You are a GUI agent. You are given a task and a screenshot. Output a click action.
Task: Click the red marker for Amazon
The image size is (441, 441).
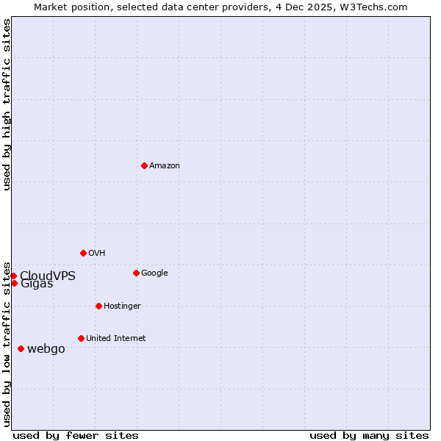[144, 165]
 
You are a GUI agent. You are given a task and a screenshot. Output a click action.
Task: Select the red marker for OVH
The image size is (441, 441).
[83, 253]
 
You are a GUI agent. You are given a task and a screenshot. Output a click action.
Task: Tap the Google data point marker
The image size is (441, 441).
[136, 273]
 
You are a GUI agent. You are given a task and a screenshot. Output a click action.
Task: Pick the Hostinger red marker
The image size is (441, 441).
[98, 306]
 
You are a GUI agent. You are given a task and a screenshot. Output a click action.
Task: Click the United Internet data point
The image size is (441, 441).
[81, 338]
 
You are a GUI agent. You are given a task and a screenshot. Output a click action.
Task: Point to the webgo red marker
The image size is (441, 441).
[21, 348]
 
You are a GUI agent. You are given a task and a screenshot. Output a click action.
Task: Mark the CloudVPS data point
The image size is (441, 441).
[13, 276]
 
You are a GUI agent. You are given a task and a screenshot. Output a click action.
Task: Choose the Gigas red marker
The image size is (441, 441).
[14, 283]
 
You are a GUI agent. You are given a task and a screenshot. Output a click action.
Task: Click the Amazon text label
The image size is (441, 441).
[164, 166]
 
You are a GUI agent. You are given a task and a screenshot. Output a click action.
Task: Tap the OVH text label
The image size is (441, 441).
[96, 254]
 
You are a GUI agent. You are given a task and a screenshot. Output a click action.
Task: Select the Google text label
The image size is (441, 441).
[154, 273]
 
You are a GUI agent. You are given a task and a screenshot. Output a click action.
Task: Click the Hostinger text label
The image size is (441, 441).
[122, 306]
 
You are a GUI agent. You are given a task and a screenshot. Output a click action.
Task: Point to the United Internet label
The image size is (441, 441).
[115, 339]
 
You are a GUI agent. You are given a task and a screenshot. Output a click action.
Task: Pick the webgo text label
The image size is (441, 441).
[46, 349]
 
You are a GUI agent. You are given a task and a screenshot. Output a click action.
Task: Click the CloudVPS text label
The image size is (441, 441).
[48, 276]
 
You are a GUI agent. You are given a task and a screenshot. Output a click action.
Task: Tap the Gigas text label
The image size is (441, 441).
[37, 284]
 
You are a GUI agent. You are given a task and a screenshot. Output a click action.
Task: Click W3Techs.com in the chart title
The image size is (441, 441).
[377, 7]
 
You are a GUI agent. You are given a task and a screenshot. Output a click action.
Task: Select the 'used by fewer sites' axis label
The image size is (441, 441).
[76, 435]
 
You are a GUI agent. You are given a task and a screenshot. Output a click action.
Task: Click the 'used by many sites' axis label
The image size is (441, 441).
[369, 435]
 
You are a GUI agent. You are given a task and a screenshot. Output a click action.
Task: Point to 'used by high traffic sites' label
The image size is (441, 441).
[7, 105]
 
